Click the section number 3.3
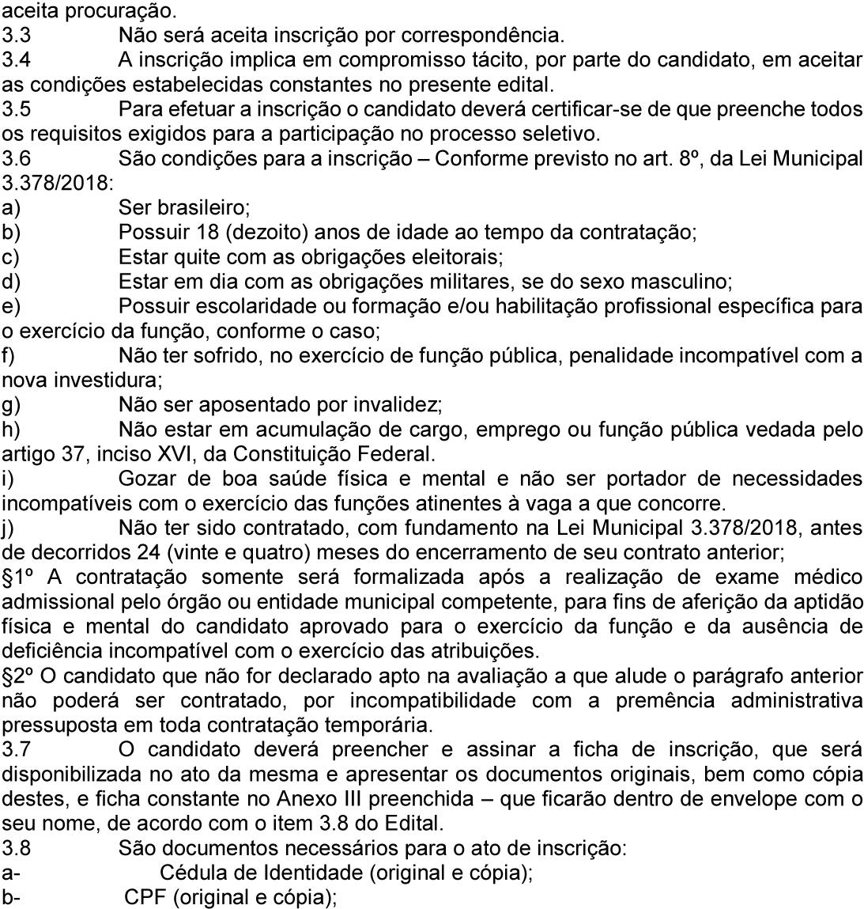(13, 36)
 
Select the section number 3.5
(14, 110)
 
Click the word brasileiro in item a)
(198, 208)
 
